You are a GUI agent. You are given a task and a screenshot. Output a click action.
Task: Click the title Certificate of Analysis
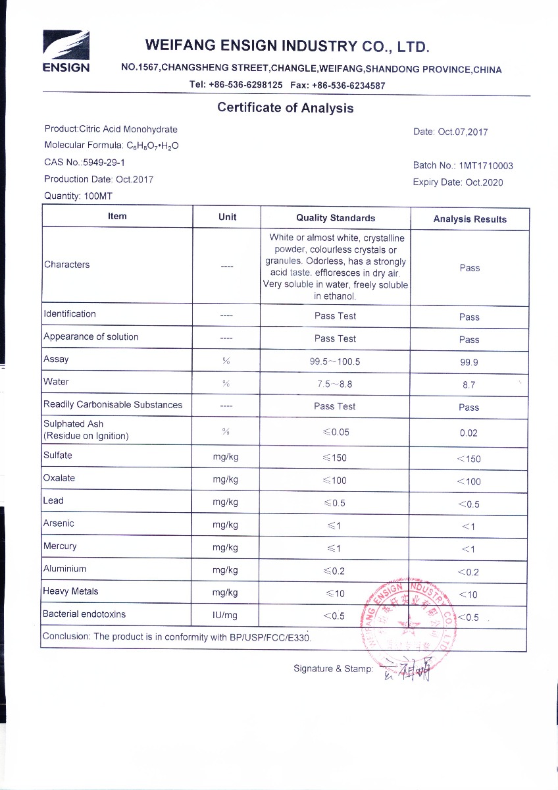(285, 108)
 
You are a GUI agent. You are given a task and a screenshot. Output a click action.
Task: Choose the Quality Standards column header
(336, 218)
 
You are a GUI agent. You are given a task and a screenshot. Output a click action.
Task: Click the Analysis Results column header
(470, 219)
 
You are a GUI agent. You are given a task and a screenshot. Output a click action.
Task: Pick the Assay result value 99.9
(469, 362)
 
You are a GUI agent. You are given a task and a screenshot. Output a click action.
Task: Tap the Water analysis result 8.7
(469, 384)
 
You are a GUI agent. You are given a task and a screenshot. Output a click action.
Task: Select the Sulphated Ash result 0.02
(469, 433)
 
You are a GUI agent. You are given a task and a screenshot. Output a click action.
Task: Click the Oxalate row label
(59, 478)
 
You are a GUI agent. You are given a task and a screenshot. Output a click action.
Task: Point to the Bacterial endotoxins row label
(84, 614)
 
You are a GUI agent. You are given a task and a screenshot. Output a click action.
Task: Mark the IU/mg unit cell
(226, 616)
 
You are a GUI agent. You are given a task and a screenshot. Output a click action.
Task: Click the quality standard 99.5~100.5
(335, 361)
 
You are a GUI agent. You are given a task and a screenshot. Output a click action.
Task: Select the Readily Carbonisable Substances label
(113, 405)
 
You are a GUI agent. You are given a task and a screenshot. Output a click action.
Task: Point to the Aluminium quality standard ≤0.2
(335, 571)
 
